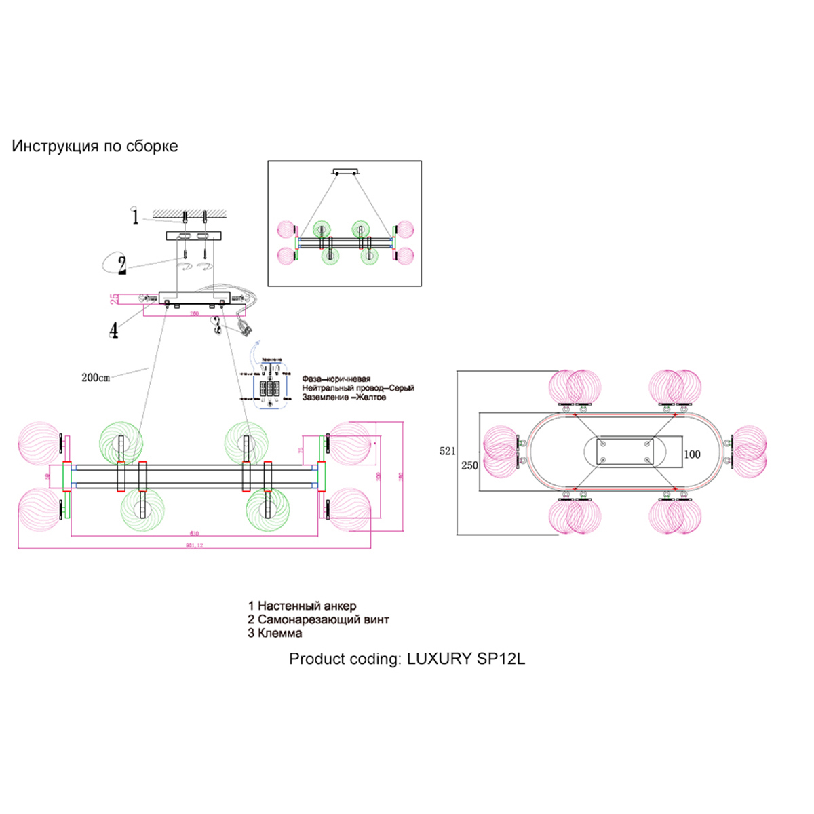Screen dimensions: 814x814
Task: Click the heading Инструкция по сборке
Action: coord(95,147)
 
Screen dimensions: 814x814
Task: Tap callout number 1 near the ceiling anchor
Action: coord(135,217)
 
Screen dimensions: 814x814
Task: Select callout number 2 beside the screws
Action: coord(122,265)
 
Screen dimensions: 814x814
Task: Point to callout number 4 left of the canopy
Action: coord(114,330)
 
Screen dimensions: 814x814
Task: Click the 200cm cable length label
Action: coord(96,378)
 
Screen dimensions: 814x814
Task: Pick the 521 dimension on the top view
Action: coord(447,451)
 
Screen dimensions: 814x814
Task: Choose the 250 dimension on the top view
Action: coord(469,465)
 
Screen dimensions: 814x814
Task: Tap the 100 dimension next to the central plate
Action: coord(692,454)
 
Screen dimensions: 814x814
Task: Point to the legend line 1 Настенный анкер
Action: coord(302,606)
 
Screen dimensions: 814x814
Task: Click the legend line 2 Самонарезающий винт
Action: coord(318,619)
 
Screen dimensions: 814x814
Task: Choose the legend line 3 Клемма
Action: coord(275,633)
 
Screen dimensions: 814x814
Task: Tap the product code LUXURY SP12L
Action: coord(465,659)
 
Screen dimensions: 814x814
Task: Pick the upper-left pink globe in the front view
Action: coord(41,443)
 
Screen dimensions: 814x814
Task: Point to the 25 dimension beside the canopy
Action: coord(115,298)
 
